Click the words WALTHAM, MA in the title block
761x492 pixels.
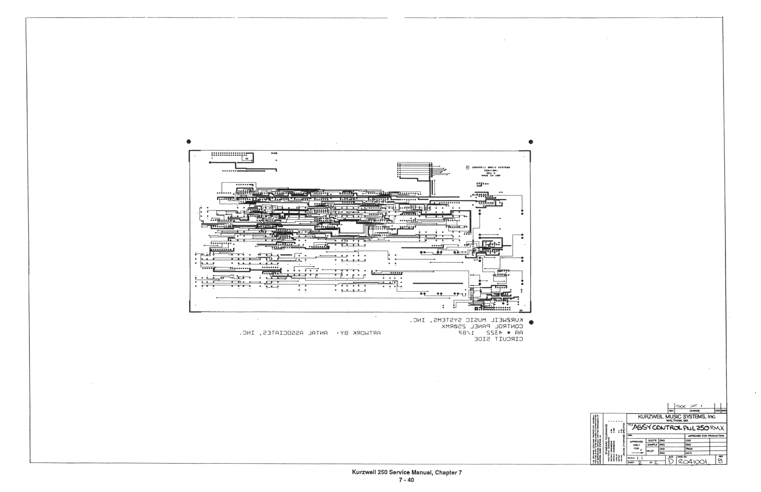676,421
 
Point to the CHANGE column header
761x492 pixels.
695,411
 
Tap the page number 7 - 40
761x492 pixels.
406,480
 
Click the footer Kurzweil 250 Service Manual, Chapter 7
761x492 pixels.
407,473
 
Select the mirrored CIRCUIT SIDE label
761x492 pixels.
499,339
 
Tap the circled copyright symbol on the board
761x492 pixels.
467,167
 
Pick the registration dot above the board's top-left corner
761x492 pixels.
189,142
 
